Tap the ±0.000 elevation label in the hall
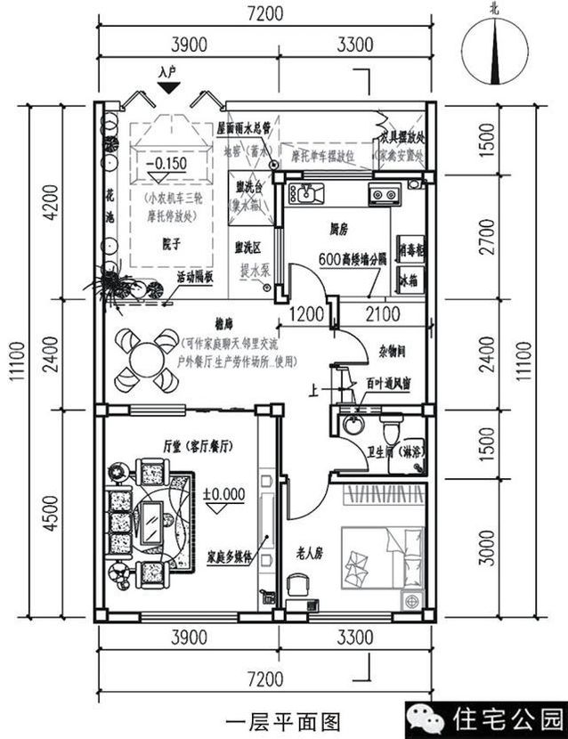223,492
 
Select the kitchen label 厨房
337,230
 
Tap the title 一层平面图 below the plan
282,717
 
